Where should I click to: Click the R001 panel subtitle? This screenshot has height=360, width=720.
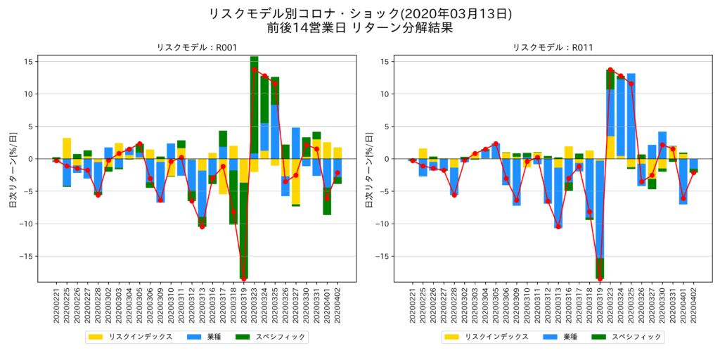pyautogui.click(x=196, y=48)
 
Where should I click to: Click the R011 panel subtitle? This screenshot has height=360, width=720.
pyautogui.click(x=553, y=48)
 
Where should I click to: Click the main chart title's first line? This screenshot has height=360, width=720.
pyautogui.click(x=360, y=13)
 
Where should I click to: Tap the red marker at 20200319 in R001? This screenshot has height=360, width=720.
pyautogui.click(x=243, y=279)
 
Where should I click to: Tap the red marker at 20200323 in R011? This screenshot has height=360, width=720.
pyautogui.click(x=610, y=70)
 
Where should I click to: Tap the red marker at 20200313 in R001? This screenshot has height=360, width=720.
pyautogui.click(x=202, y=226)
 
